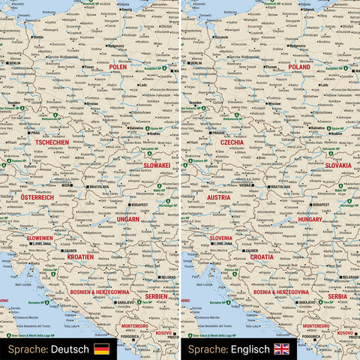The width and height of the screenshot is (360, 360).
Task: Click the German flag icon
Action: tap(101, 349)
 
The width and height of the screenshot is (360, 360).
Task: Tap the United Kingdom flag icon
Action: tap(282, 349)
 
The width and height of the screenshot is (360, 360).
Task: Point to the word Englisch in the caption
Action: tap(250, 349)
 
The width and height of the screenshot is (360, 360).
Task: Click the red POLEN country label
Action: tap(118, 67)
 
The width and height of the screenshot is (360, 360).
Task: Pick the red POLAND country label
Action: tap(298, 67)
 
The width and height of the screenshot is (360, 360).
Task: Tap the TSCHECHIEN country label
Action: tap(52, 142)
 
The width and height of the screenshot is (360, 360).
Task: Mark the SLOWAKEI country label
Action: tap(157, 165)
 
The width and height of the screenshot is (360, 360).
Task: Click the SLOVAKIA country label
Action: tap(337, 165)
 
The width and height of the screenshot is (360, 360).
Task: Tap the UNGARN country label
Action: tap(128, 220)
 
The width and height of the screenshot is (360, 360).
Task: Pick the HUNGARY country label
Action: tap(310, 220)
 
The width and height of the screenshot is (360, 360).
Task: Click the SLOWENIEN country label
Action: tap(40, 237)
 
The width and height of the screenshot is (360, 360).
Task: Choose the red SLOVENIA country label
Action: tap(216, 237)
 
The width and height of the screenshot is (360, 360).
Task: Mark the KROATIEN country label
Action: tap(80, 256)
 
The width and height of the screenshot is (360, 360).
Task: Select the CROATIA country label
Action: tap(262, 256)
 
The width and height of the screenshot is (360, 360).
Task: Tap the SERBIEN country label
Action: tap(155, 296)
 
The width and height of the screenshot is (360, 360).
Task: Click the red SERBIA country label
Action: tap(337, 296)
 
